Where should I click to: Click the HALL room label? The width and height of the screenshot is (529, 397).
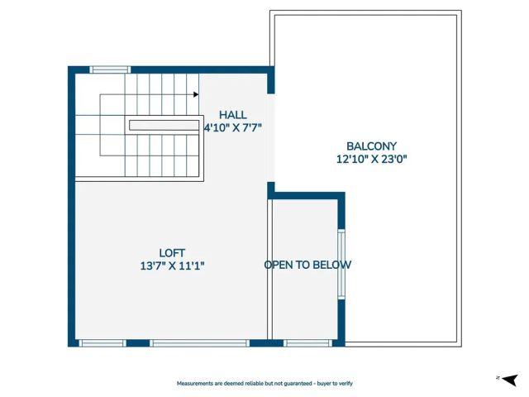232,114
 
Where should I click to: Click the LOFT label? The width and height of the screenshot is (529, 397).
172,252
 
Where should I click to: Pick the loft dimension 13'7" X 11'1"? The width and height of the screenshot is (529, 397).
172,265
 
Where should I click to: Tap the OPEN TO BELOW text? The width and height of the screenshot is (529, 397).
307,265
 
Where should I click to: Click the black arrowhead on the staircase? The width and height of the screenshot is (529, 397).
196,94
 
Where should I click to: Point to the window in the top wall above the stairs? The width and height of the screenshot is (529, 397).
110,69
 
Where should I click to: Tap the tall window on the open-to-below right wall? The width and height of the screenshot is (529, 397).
341,264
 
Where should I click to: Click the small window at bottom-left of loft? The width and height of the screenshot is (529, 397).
102,342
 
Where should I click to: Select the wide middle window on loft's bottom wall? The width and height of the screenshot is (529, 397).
199,342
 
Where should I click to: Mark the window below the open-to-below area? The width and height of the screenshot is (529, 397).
307,342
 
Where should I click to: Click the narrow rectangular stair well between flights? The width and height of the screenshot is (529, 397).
163,125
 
